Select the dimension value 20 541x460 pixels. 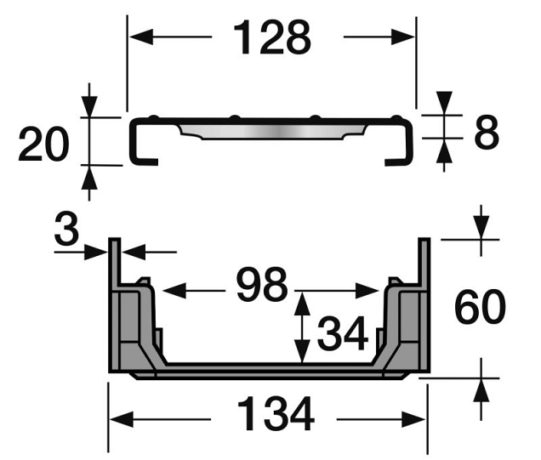[43, 145]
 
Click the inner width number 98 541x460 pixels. [262, 287]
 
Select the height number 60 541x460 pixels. [481, 308]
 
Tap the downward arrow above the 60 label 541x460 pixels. [481, 230]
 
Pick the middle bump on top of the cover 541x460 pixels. [234, 118]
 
